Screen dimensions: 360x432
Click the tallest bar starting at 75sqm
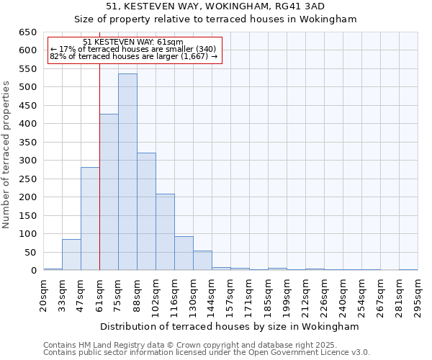[x=127, y=172]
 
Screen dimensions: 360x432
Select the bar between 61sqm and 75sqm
[x=109, y=192]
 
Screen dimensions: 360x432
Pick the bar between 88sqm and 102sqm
[x=146, y=212]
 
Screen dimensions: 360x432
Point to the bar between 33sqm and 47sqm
[x=71, y=255]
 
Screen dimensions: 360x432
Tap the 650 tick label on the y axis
[x=27, y=32]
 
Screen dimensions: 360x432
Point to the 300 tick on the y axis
[x=27, y=161]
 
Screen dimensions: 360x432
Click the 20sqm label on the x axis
[x=43, y=294]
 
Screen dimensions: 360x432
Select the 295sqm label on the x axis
[x=418, y=294]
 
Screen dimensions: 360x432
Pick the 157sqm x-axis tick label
[x=230, y=294]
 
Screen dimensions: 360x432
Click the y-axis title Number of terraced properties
[x=7, y=155]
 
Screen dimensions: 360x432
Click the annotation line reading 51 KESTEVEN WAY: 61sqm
[x=133, y=42]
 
